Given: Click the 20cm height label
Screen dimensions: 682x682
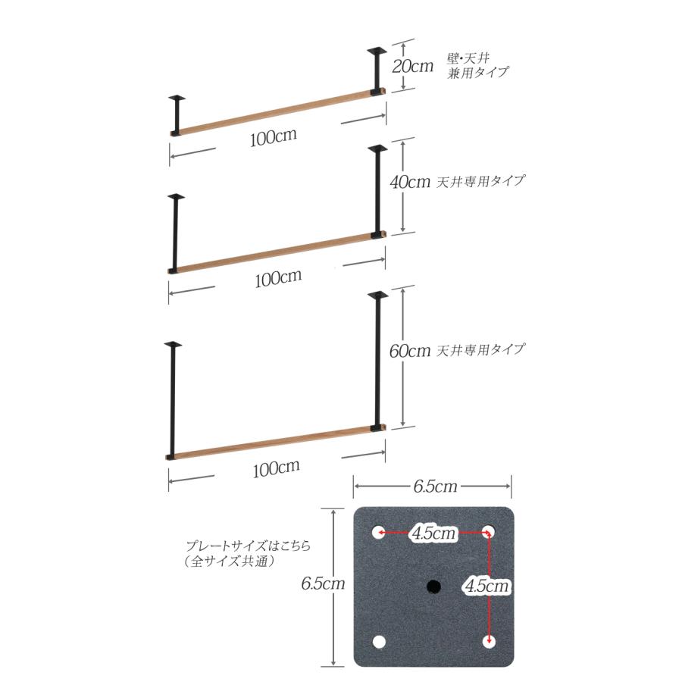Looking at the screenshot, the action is [x=413, y=67].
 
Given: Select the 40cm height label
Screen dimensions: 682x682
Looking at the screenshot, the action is [x=410, y=182].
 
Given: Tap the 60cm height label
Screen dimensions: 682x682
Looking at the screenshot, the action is [x=410, y=351].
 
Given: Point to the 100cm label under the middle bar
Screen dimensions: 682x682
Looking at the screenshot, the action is [x=278, y=278].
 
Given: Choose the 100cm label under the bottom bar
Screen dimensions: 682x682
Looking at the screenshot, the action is [x=276, y=468].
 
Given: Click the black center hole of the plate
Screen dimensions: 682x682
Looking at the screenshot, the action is [x=433, y=587].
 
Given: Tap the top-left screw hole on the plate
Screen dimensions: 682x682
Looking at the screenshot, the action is [x=379, y=532].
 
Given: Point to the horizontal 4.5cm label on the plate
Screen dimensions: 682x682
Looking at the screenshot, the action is [x=434, y=533].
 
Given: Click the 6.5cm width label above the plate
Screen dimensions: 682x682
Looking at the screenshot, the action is [x=436, y=486].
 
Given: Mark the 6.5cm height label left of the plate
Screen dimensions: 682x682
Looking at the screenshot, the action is [x=323, y=583].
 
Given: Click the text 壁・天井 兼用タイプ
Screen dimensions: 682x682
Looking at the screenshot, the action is [x=477, y=66].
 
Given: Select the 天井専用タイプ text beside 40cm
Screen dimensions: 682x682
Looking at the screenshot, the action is [x=480, y=181].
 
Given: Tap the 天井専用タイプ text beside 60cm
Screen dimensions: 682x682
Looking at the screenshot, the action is [x=480, y=349].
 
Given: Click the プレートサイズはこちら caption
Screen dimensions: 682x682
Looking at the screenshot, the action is [x=249, y=546].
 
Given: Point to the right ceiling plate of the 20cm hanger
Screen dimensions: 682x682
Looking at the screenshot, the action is [x=377, y=51].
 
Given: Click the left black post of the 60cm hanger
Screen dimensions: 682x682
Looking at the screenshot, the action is [x=172, y=399].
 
